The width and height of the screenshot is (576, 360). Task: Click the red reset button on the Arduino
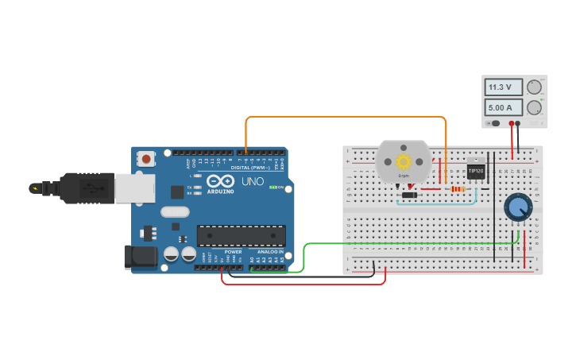[x=146, y=158]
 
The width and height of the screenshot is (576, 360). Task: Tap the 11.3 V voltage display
[x=504, y=87]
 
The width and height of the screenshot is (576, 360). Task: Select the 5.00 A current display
[x=504, y=106]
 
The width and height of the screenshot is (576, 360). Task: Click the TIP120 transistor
[x=476, y=170]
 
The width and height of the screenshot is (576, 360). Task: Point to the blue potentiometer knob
[x=518, y=207]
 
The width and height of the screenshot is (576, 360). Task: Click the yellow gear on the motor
[x=403, y=161]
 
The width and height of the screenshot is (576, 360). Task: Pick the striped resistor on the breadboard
[x=456, y=189]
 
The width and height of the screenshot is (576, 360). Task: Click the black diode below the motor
[x=410, y=195]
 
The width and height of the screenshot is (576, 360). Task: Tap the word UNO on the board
[x=253, y=181]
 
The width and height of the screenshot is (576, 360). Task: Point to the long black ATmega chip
[x=241, y=236]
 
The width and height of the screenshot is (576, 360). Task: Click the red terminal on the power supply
[x=512, y=123]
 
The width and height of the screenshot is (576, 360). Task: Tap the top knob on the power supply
[x=535, y=87]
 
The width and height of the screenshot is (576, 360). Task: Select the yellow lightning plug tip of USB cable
[x=35, y=188]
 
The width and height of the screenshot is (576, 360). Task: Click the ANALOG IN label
[x=269, y=251]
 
